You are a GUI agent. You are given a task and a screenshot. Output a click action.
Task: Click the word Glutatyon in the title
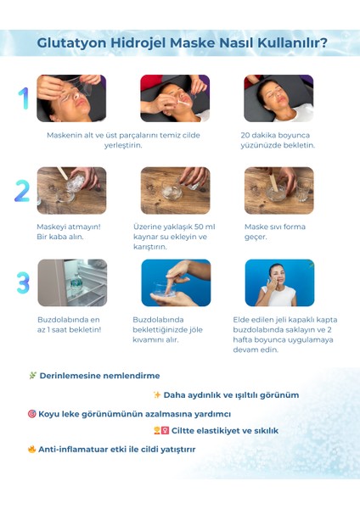72,43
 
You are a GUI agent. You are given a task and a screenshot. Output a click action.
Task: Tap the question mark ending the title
323,42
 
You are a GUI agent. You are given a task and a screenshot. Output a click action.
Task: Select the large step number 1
24,98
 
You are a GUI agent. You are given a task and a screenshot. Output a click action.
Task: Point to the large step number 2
22,191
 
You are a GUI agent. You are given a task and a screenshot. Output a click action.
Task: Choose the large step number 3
23,282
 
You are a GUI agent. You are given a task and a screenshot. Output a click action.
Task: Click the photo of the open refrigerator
72,282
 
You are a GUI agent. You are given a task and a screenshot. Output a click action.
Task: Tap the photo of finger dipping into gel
176,282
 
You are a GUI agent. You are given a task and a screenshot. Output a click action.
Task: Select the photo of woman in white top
279,282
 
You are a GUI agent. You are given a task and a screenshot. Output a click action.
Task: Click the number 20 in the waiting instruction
245,136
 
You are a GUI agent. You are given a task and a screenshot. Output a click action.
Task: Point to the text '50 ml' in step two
205,227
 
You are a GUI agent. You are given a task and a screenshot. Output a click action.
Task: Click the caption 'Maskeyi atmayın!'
69,227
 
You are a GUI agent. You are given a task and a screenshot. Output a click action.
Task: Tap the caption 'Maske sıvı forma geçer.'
275,232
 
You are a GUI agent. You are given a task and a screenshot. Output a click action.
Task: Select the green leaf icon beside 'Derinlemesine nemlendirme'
32,375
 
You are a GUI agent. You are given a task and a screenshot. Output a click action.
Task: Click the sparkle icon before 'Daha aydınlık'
157,394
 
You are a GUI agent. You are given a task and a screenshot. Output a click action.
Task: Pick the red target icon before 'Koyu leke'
32,414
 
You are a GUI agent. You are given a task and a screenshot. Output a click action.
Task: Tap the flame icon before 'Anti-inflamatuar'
32,449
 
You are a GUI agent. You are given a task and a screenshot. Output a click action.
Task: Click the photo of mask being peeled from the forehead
71,98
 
